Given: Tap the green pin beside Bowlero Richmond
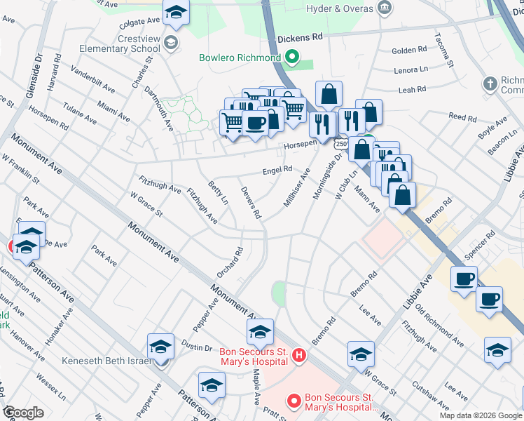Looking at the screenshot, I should point(295,58).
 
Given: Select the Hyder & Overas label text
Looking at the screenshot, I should point(340,8).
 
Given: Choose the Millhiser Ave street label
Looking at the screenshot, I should point(296,186).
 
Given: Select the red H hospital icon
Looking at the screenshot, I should point(299,356).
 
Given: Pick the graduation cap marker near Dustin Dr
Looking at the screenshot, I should point(160,346).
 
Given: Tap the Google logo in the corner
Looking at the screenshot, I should point(25,413).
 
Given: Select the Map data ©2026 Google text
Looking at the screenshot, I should point(481,415).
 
